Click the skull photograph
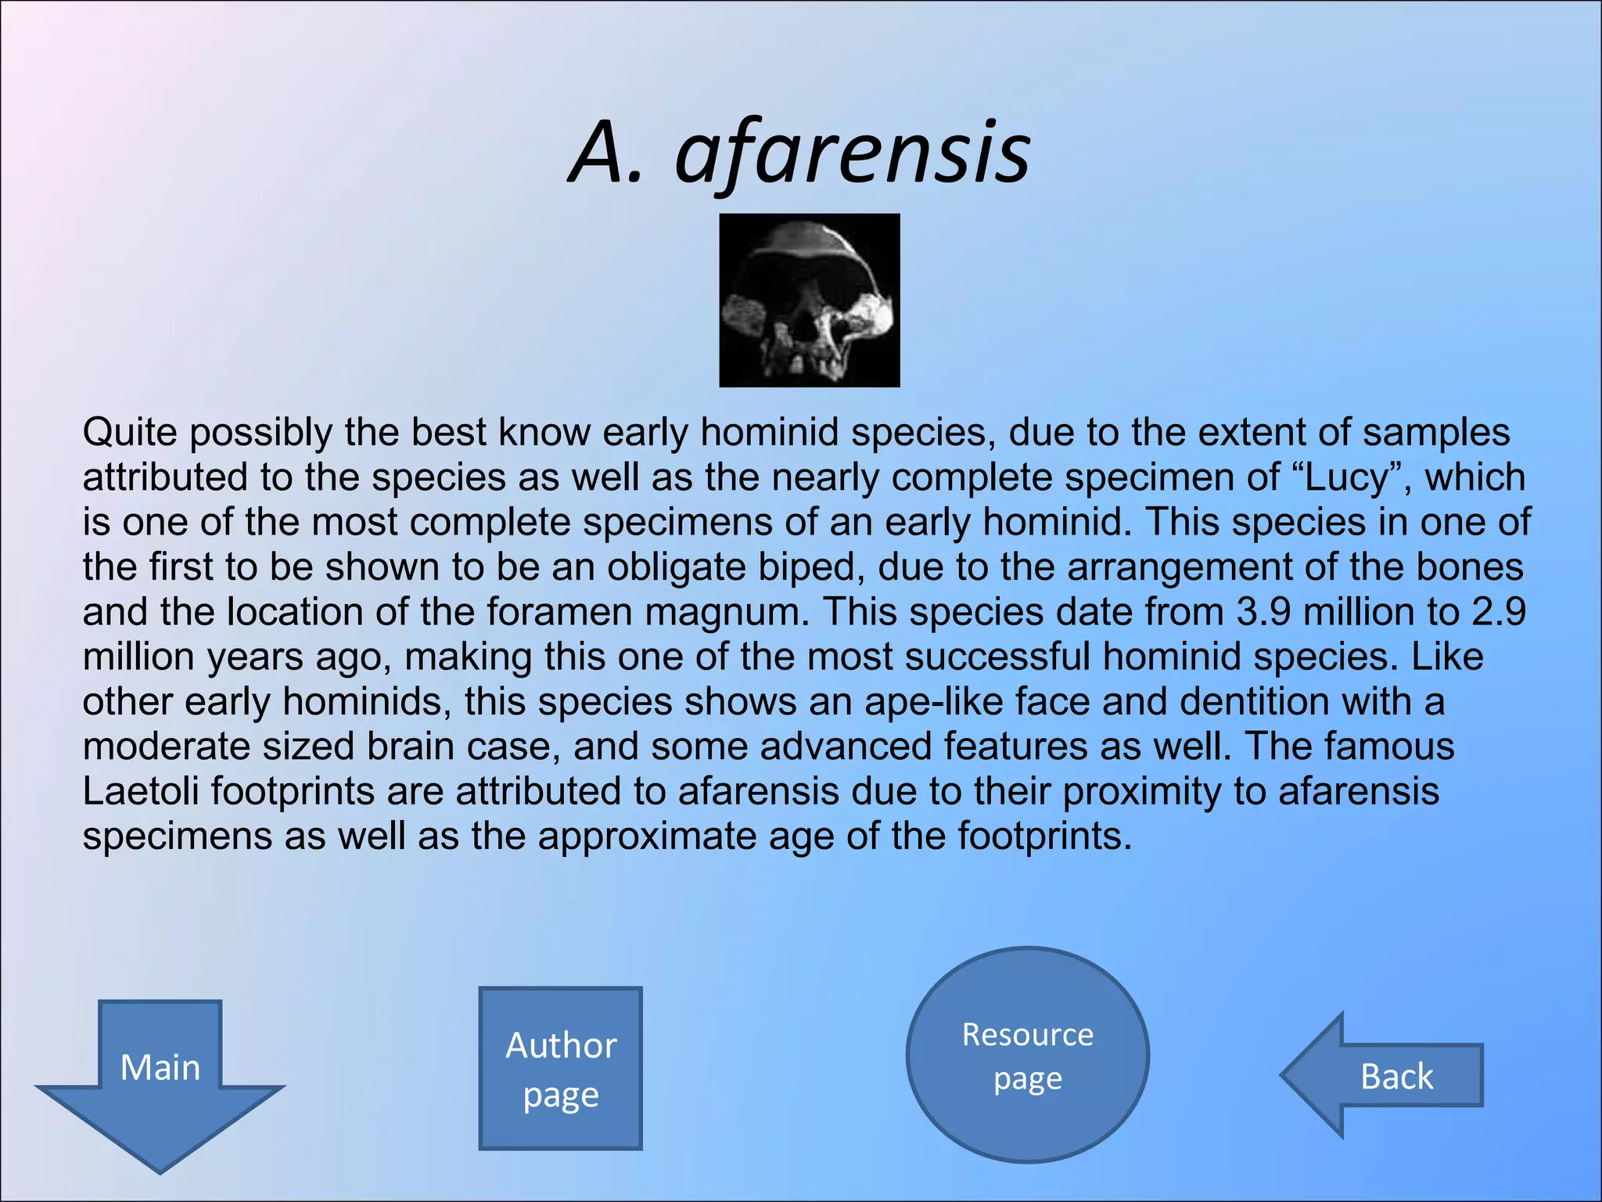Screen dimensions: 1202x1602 (809, 300)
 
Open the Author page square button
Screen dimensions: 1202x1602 (560, 1069)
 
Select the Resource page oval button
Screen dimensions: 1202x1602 (1027, 1056)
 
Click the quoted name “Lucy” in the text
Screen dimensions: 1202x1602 (1350, 477)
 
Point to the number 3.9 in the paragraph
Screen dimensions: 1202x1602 (1263, 612)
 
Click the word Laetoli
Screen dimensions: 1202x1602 (141, 791)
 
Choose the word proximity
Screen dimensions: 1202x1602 (1141, 791)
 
